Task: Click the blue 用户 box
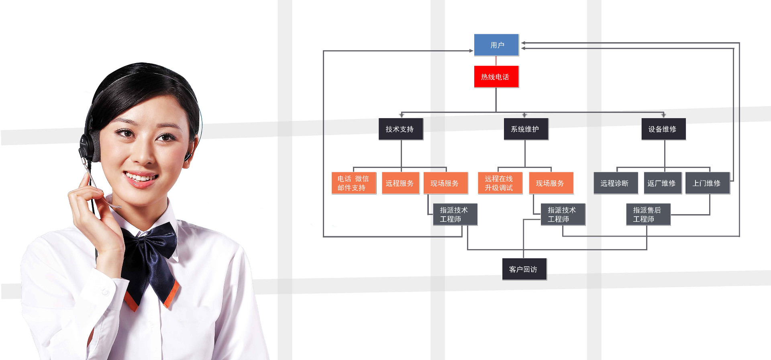coord(496,45)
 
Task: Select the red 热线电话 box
coord(496,77)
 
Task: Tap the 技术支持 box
coord(401,129)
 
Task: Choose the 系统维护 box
coord(526,129)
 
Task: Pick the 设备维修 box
coord(663,129)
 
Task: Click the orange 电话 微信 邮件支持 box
coord(354,183)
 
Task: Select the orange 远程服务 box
coord(400,183)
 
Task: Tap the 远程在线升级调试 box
coord(500,183)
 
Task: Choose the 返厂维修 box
coord(662,183)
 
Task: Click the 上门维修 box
coord(707,183)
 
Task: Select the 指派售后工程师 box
coord(649,215)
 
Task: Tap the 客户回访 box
coord(524,269)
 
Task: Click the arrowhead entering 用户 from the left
coord(471,51)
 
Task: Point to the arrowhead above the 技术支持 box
coord(401,115)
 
